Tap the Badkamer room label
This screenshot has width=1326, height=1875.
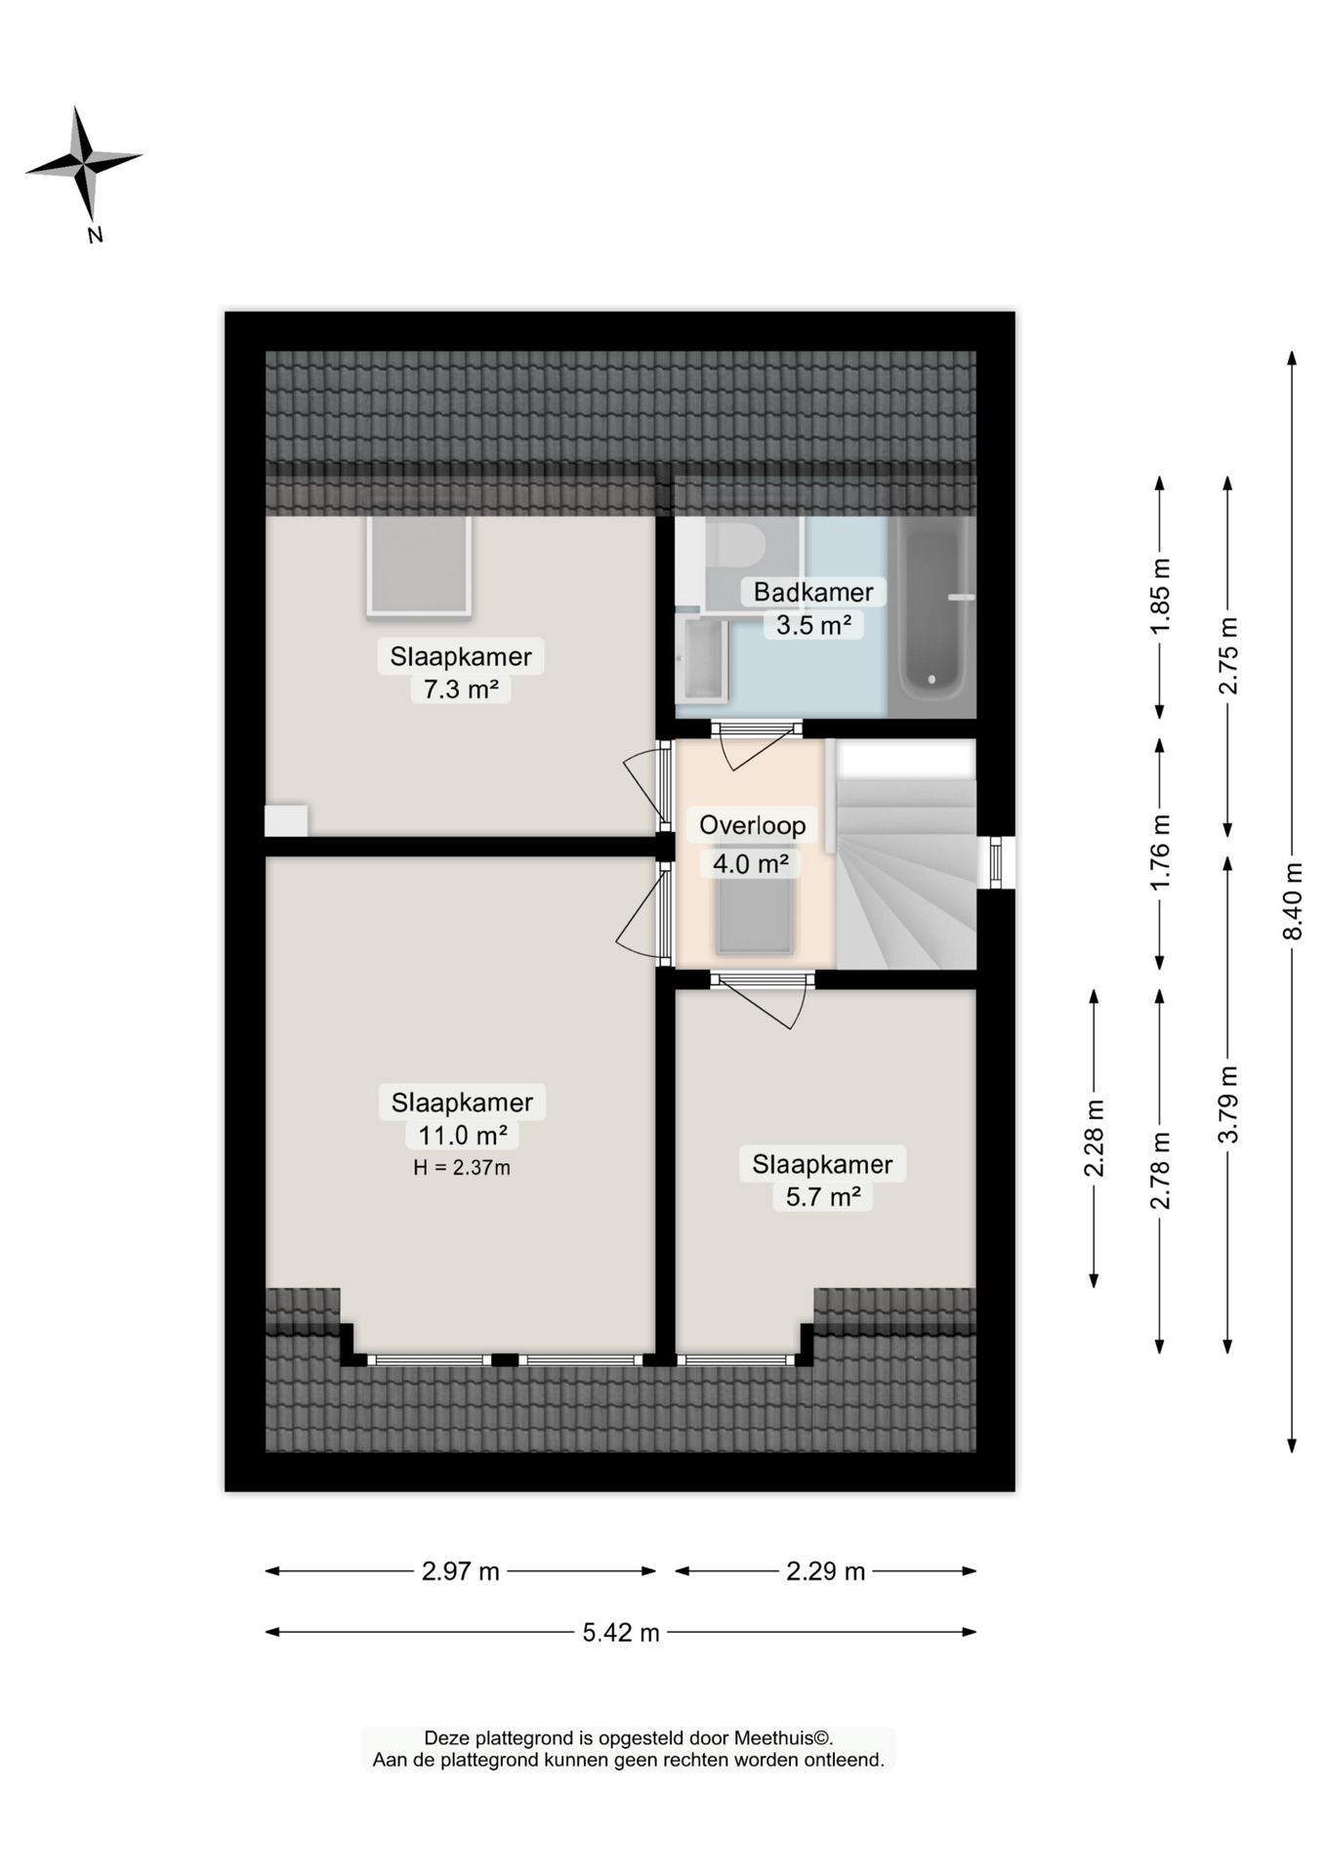[812, 592]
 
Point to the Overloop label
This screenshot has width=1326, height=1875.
[752, 825]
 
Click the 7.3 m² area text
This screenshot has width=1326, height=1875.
[461, 689]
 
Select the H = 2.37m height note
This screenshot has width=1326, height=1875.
[461, 1167]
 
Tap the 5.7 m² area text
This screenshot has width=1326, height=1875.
[822, 1197]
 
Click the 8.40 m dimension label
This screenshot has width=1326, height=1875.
[1292, 900]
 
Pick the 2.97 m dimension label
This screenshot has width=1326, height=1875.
[460, 1571]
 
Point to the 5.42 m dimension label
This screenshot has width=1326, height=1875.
[621, 1632]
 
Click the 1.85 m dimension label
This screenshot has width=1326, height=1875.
[1160, 596]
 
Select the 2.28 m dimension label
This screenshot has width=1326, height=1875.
[1094, 1138]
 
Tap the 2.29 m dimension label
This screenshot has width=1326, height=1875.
[825, 1571]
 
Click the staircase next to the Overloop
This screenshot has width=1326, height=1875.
[906, 879]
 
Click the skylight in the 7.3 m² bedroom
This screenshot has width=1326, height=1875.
[418, 565]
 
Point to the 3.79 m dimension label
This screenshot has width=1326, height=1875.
[1227, 1104]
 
